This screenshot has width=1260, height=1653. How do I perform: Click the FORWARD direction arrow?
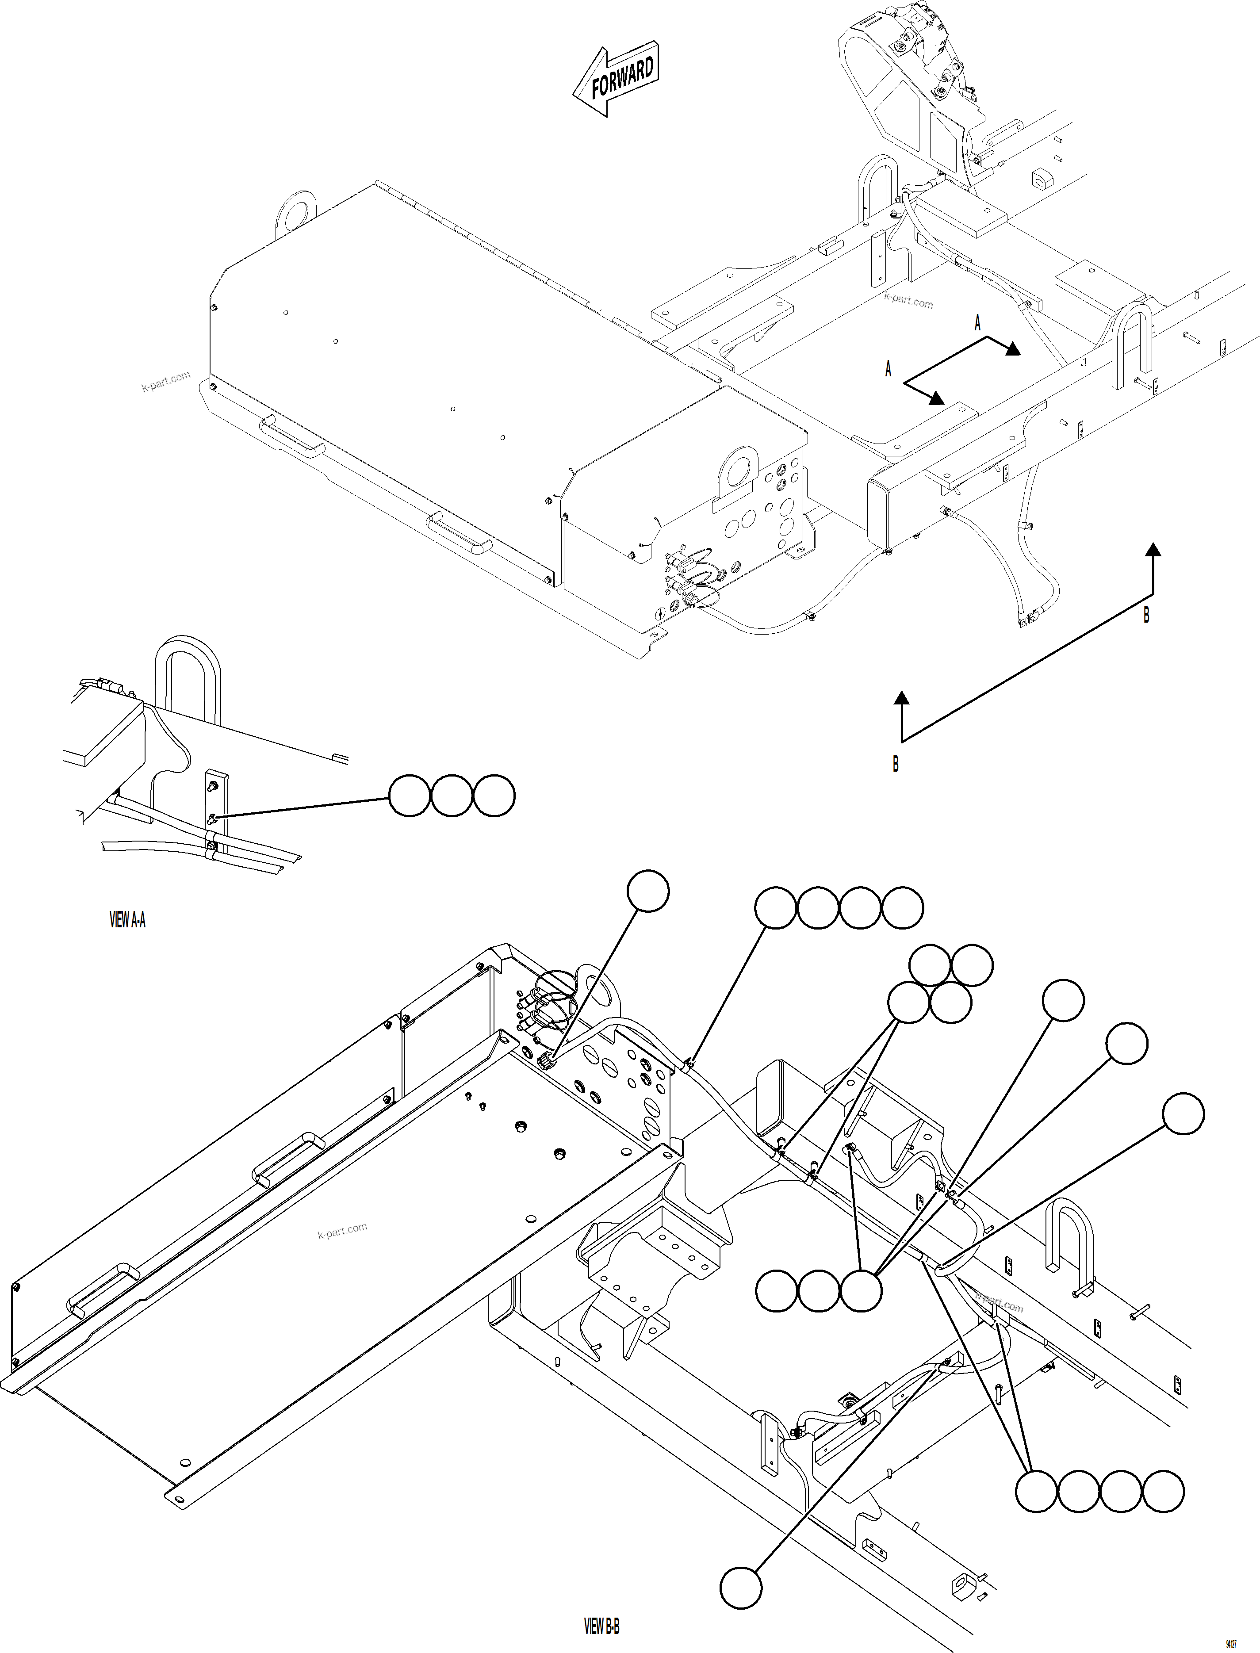(x=615, y=83)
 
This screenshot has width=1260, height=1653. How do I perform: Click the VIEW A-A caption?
(x=127, y=920)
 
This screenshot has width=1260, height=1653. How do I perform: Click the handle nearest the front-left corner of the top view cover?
(x=292, y=438)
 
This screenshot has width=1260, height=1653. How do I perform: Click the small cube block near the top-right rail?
(x=1042, y=180)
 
